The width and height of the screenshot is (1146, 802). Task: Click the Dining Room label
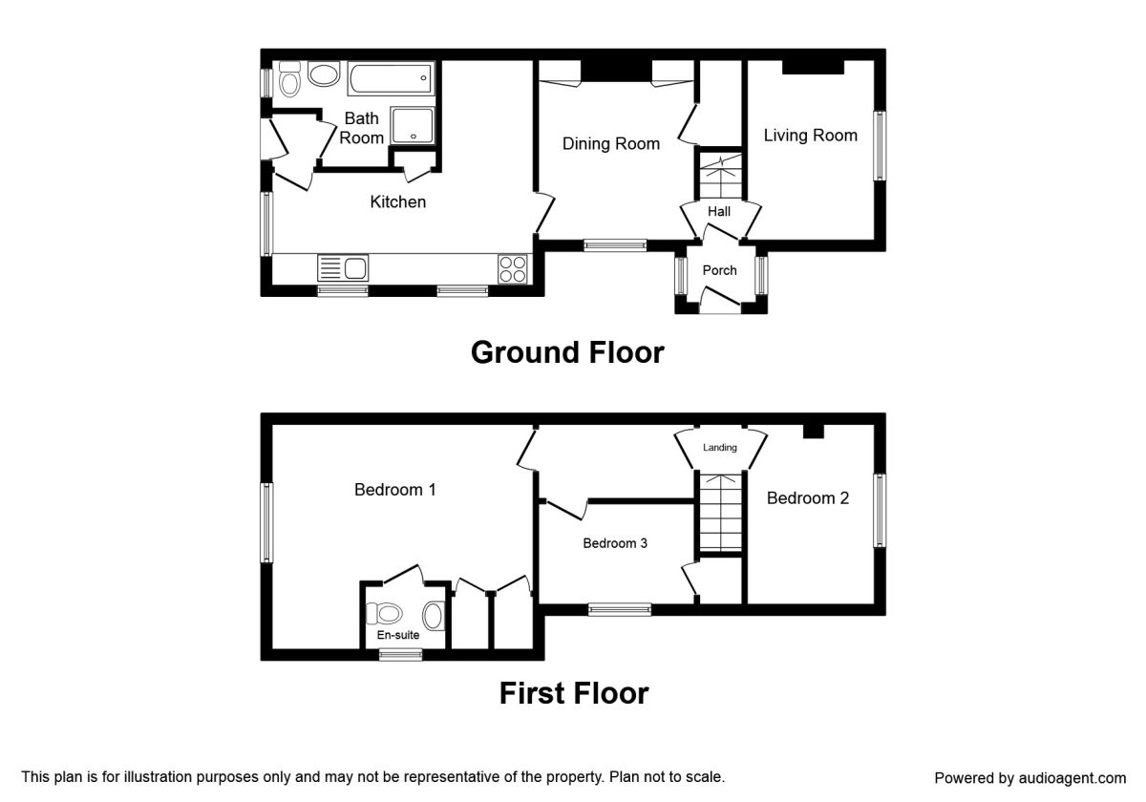[610, 144]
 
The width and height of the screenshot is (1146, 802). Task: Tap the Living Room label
[810, 136]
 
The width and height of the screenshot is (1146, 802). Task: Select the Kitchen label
[398, 202]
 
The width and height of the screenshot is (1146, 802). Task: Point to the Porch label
[719, 270]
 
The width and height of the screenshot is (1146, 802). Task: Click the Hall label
[719, 211]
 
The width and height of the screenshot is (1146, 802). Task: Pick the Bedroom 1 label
[395, 490]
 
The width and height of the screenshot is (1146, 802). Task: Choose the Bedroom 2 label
[807, 497]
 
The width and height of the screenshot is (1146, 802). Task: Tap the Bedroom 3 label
[615, 543]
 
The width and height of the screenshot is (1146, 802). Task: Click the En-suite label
[396, 634]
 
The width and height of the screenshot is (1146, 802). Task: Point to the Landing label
[720, 447]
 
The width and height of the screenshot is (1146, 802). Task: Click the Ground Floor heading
[567, 352]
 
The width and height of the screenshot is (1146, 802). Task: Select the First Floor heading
[574, 692]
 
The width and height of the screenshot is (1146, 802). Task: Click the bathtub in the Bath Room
[390, 78]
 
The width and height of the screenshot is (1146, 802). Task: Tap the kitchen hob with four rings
[512, 268]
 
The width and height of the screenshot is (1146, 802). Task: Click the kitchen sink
[343, 268]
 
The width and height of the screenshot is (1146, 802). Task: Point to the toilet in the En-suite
[390, 613]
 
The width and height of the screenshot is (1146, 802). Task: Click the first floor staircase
[719, 513]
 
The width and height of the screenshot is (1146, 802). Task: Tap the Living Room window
[879, 144]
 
